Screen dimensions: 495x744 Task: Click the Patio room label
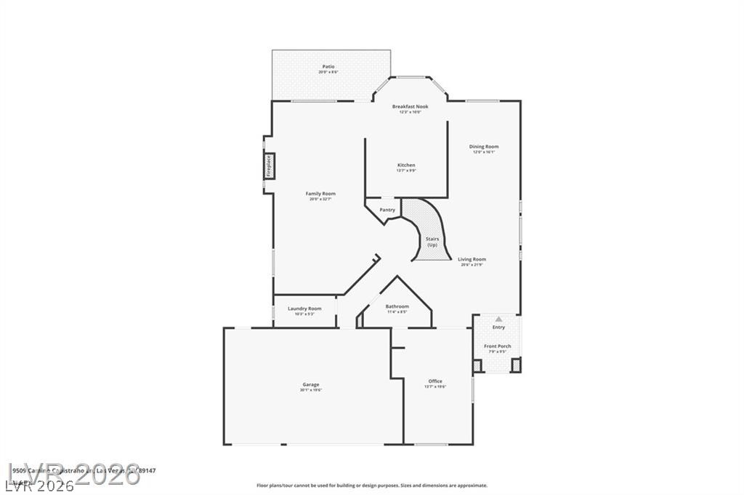coord(328,67)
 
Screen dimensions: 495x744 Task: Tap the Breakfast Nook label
coord(411,107)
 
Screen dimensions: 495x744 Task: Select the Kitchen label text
coord(406,165)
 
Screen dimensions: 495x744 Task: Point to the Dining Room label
coord(484,147)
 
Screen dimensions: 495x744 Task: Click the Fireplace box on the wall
coord(269,165)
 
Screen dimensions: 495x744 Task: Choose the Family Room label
coord(320,194)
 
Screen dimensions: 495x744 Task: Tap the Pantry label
coord(387,210)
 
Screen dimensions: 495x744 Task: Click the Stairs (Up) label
coord(432,242)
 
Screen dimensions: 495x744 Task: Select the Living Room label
coord(473,259)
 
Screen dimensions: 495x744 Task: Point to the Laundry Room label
coord(304,308)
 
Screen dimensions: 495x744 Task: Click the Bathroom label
coord(397,306)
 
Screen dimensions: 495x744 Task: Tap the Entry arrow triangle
coord(498,319)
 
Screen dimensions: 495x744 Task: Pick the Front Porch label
coord(498,346)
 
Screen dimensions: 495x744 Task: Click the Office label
coord(435,381)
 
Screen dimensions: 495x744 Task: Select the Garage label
coord(311,385)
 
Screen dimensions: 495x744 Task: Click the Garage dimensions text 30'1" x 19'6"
coord(311,390)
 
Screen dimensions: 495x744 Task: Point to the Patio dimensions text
coord(328,72)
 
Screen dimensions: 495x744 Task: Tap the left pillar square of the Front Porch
coord(477,366)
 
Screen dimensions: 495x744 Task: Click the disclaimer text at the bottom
coord(372,486)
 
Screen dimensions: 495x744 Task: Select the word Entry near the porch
coord(498,327)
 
